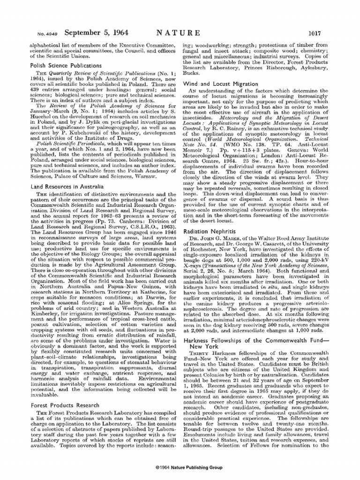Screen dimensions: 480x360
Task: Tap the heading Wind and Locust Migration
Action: tap(220, 83)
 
